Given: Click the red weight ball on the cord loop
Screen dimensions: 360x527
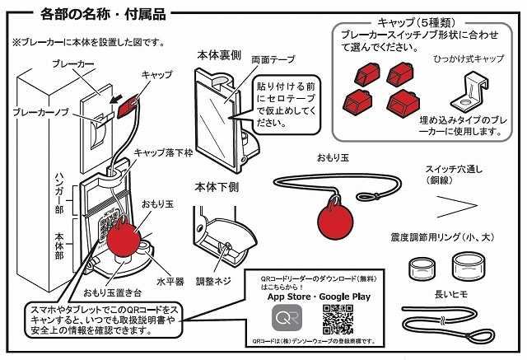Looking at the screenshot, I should click(x=333, y=220).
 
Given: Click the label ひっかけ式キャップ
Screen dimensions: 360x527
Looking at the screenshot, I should click(x=469, y=59).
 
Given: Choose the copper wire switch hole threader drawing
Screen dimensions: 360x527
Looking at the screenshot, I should click(x=458, y=203).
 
